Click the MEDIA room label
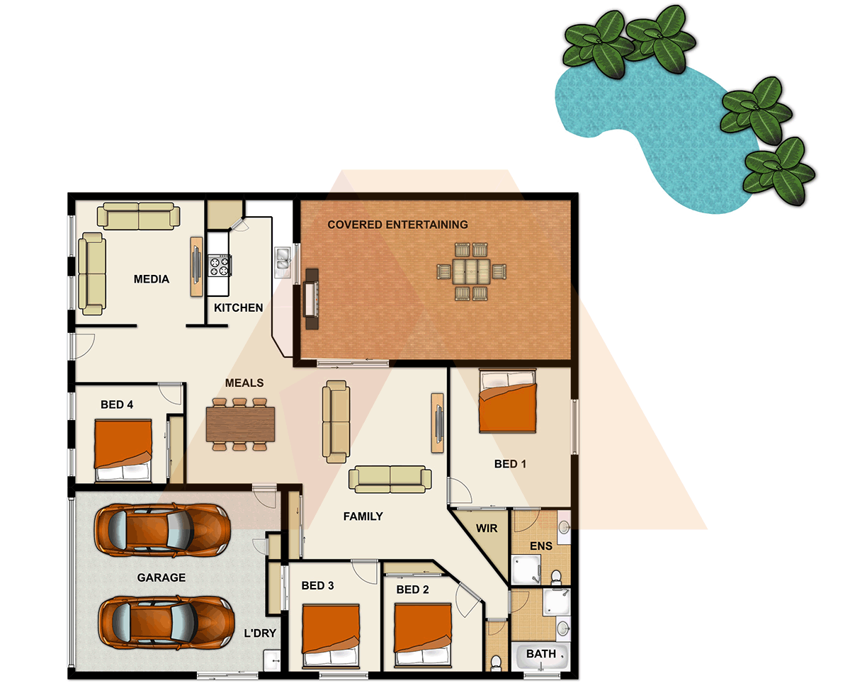(152, 279)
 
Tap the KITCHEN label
(239, 308)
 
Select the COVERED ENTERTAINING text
(397, 225)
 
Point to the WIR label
(487, 529)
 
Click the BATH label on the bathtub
(541, 654)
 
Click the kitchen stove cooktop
(219, 265)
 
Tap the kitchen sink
(283, 260)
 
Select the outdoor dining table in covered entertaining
(472, 271)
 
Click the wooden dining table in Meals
(241, 424)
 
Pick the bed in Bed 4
(124, 451)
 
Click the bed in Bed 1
(507, 402)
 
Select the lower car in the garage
(166, 621)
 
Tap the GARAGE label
(161, 577)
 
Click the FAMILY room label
(363, 516)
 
